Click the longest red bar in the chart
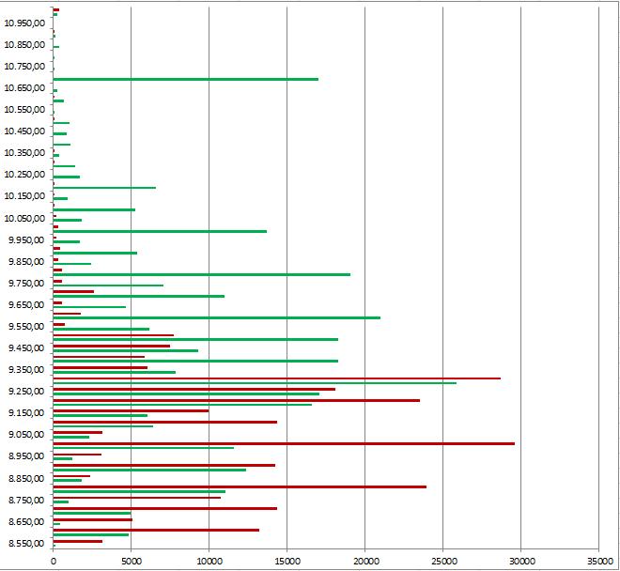coord(282,443)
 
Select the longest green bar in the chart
coord(254,383)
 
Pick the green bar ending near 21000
coord(216,317)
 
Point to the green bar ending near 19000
coord(201,274)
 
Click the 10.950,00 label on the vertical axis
coord(25,23)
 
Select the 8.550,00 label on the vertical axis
coord(25,544)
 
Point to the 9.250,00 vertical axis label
coord(25,392)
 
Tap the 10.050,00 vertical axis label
coord(25,218)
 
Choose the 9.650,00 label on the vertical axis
coord(25,304)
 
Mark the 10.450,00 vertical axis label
coord(25,131)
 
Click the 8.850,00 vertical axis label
coord(25,478)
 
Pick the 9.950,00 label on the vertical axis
coord(25,239)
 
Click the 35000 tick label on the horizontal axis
coord(598,560)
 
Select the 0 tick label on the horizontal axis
coord(54,560)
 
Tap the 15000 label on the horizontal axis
coord(287,560)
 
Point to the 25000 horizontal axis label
coord(442,560)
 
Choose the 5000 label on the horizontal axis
coord(132,560)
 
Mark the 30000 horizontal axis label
coord(520,560)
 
